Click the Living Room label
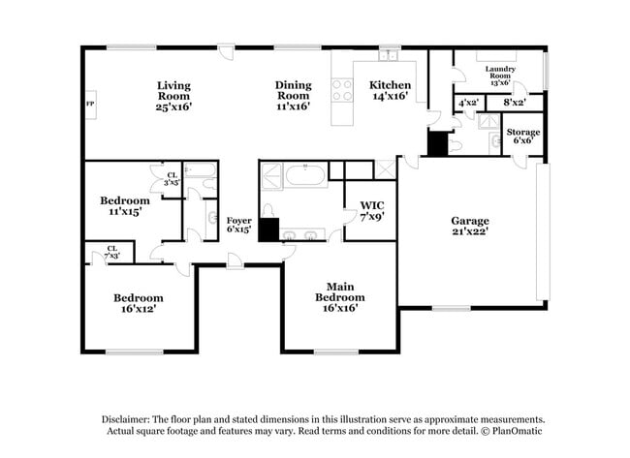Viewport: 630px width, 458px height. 174,96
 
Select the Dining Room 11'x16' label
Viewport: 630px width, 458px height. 293,96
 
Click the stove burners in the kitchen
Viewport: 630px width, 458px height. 342,90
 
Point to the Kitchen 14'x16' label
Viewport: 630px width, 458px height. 391,90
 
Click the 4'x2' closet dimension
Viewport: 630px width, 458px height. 468,102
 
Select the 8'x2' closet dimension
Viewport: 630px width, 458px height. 514,102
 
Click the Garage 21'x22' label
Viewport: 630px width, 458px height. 469,226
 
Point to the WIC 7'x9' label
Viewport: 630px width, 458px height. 372,210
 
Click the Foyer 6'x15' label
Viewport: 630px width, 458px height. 238,226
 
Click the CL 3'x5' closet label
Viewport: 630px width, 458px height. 171,179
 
